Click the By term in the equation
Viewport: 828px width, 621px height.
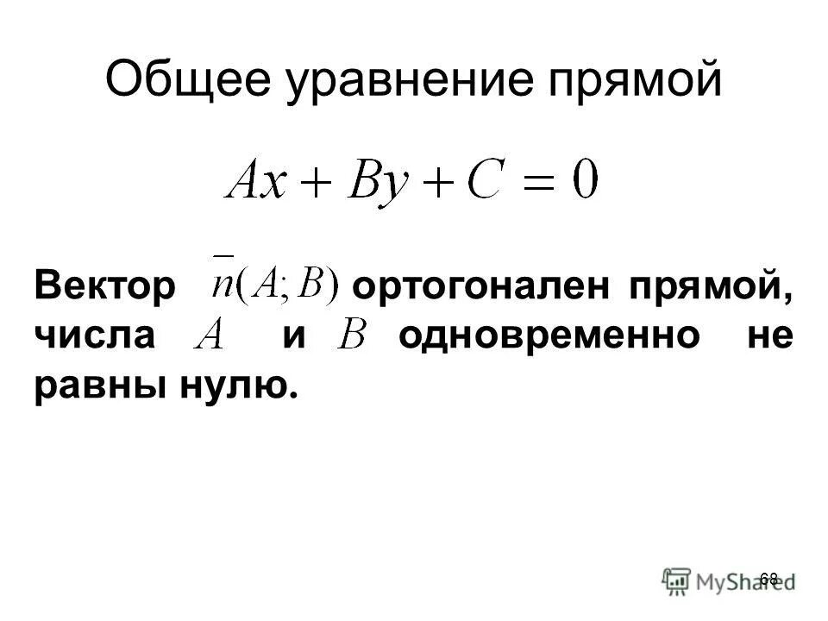click(366, 183)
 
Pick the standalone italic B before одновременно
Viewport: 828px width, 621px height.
click(353, 335)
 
